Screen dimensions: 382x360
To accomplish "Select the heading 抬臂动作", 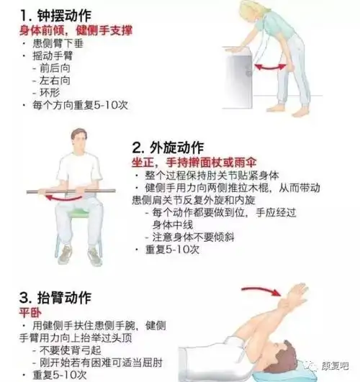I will click(x=58, y=296).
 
